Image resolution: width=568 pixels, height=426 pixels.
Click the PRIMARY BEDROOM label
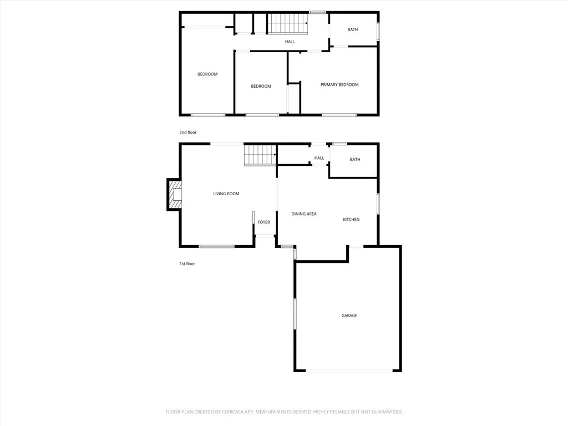point(339,85)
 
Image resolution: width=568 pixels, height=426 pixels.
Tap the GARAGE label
point(349,316)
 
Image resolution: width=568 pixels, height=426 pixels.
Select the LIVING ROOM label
point(226,194)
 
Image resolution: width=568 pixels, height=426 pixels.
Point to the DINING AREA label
point(304,214)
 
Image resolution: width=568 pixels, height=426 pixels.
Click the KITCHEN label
point(351,220)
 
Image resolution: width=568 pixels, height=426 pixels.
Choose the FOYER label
point(263,222)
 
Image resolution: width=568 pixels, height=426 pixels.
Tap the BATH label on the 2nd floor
point(353,29)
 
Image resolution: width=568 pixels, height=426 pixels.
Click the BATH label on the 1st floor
point(355,160)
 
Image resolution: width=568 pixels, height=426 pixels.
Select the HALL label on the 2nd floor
point(290,42)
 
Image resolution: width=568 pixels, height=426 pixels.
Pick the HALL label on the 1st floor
point(319,158)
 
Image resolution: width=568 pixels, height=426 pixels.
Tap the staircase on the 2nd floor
point(288,24)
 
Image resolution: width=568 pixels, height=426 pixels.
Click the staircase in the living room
point(260,155)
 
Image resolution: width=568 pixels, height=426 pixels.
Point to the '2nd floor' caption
point(187,133)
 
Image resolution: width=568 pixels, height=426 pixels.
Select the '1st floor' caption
point(187,264)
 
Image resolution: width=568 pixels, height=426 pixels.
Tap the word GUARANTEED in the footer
point(383,412)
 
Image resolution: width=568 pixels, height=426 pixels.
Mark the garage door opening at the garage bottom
point(348,371)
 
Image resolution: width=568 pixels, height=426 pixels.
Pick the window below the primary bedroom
point(339,115)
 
